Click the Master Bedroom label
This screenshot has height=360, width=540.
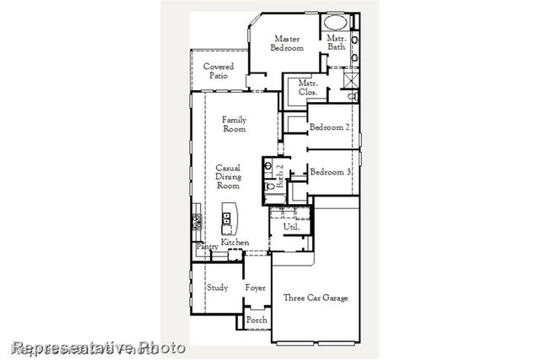point(287,43)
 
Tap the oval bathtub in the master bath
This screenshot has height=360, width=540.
point(337,24)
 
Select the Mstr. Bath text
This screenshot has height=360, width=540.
point(337,43)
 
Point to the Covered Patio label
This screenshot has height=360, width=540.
point(219,71)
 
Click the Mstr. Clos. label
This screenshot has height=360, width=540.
point(308,88)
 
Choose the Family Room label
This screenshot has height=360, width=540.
point(234,125)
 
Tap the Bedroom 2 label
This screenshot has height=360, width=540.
point(329,127)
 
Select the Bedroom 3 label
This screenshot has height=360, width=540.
point(330,172)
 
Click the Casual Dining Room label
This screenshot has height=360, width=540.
point(229,176)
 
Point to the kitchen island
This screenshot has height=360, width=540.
point(228,221)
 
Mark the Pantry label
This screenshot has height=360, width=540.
point(207,247)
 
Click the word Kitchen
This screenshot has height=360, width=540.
point(235,243)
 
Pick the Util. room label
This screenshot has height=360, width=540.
point(291,227)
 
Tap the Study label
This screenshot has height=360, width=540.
point(217,287)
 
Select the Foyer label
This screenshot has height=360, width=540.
point(256,287)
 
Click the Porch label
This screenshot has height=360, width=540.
point(256,321)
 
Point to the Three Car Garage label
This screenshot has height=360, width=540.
point(315,298)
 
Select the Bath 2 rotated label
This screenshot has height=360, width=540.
point(280,176)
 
